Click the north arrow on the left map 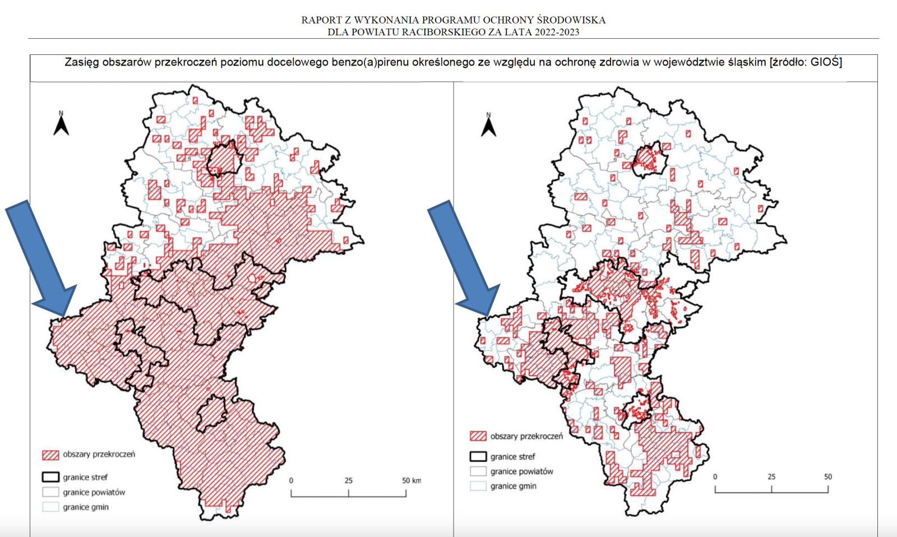tap(61, 124)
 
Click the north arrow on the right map tap(488, 125)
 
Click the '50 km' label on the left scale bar tap(411, 480)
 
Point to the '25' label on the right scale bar tap(771, 476)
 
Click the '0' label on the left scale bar tap(291, 480)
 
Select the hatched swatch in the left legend tap(50, 455)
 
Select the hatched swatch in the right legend tap(478, 436)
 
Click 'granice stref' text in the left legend tap(85, 477)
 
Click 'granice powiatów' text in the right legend tap(521, 471)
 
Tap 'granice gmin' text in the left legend tap(86, 507)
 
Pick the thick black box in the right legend tap(478, 456)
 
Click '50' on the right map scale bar tap(827, 476)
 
